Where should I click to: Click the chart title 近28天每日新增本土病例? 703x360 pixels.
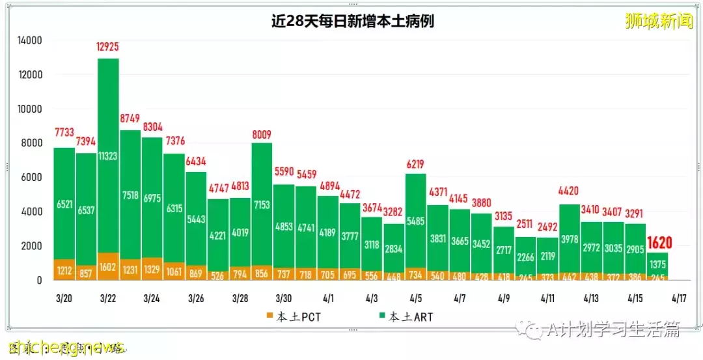[x=352, y=21]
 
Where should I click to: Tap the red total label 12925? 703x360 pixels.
[x=108, y=48]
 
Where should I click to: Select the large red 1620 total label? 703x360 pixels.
[x=659, y=242]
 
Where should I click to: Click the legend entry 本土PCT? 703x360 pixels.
[x=297, y=318]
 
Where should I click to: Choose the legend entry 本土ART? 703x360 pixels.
[x=404, y=318]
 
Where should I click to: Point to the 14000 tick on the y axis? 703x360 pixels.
[x=29, y=40]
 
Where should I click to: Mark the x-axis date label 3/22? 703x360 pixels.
[x=108, y=298]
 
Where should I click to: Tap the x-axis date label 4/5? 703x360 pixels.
[x=416, y=298]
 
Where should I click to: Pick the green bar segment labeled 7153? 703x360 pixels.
[x=262, y=205]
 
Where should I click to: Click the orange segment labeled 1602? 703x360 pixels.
[x=108, y=266]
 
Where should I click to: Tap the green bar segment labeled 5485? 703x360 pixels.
[x=416, y=220]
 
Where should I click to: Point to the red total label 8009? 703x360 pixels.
[x=262, y=135]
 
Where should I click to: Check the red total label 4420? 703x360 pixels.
[x=570, y=191]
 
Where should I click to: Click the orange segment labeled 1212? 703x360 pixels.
[x=64, y=269]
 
